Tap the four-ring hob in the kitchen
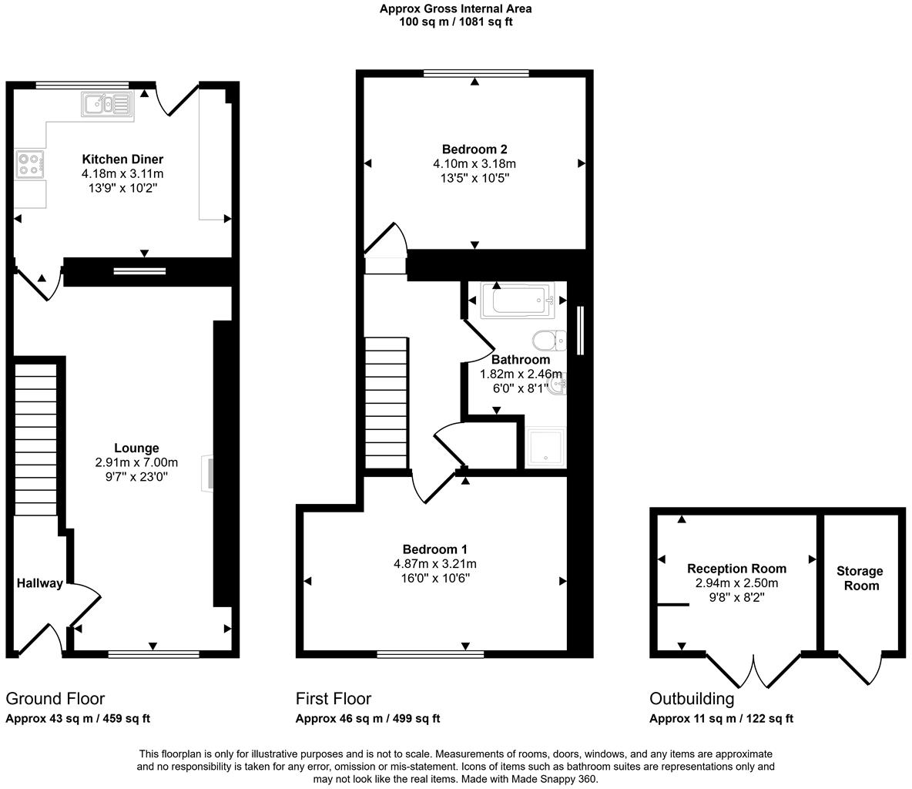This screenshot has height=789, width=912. pos(30,164)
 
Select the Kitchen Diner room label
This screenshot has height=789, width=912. pos(122,159)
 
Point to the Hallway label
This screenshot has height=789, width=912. pos(39,583)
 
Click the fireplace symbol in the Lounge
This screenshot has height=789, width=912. pos(208,472)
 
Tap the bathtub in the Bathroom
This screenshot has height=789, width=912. pos(517,300)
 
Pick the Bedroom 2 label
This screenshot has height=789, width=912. pos(474,149)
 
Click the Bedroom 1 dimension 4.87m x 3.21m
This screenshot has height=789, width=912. pos(435,564)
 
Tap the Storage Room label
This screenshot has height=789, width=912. pos(860,578)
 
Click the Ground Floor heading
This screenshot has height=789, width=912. pos(55,699)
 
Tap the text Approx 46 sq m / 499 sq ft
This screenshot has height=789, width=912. pos(368,719)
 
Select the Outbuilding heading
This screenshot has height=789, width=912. pos(692,699)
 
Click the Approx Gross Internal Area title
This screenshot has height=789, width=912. pos(455,9)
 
